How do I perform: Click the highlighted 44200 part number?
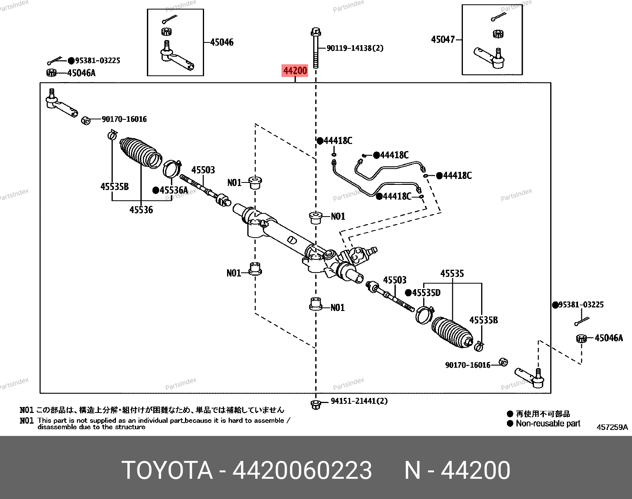tap(295, 71)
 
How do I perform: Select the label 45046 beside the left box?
tap(222, 42)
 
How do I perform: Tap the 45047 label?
tap(443, 40)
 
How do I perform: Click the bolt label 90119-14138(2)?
tap(355, 48)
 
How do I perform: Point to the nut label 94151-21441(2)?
tap(359, 401)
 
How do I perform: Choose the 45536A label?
tap(173, 190)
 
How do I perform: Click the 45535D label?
tap(426, 293)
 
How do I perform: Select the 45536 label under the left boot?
tap(141, 210)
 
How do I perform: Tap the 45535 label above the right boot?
tap(452, 274)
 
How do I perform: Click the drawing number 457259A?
tap(612, 427)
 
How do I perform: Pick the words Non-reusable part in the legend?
tap(548, 423)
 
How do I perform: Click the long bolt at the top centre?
tap(316, 48)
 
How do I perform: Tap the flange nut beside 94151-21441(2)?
tap(316, 404)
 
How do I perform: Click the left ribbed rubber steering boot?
tap(141, 153)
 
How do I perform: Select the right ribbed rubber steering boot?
tap(452, 332)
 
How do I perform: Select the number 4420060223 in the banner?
tap(302, 470)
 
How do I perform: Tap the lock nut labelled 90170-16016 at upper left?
tap(85, 120)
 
